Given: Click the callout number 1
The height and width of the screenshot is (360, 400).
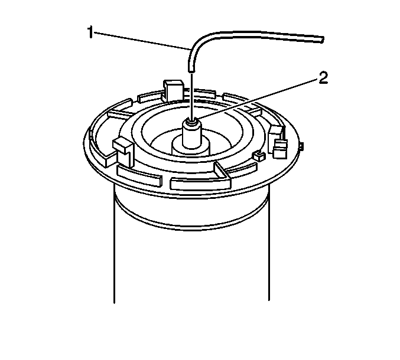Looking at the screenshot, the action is tap(90, 32).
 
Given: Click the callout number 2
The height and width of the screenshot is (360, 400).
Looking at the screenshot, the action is tap(323, 78).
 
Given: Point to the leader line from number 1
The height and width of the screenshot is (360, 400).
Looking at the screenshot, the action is tap(142, 41).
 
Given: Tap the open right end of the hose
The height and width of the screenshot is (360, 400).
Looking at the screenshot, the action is tap(322, 40).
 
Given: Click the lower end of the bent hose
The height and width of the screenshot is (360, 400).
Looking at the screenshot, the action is tap(191, 69).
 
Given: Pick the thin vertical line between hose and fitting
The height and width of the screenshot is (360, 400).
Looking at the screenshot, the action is tap(191, 96).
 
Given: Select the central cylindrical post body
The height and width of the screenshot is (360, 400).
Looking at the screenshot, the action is tap(192, 135).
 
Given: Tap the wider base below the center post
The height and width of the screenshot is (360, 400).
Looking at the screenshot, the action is tap(191, 148).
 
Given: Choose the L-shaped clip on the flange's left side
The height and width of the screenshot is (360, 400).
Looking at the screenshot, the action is tap(124, 152).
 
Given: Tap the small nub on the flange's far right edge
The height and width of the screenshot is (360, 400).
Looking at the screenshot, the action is tap(301, 146).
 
